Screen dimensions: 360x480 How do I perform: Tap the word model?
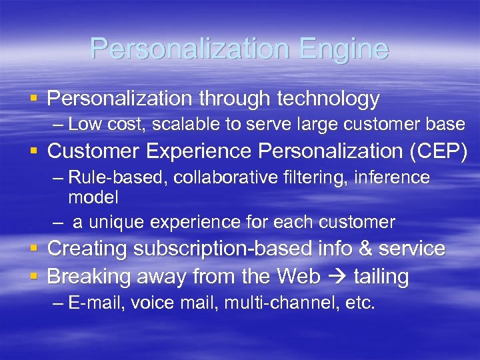tap(93, 197)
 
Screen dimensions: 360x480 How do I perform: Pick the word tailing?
tap(381, 276)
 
